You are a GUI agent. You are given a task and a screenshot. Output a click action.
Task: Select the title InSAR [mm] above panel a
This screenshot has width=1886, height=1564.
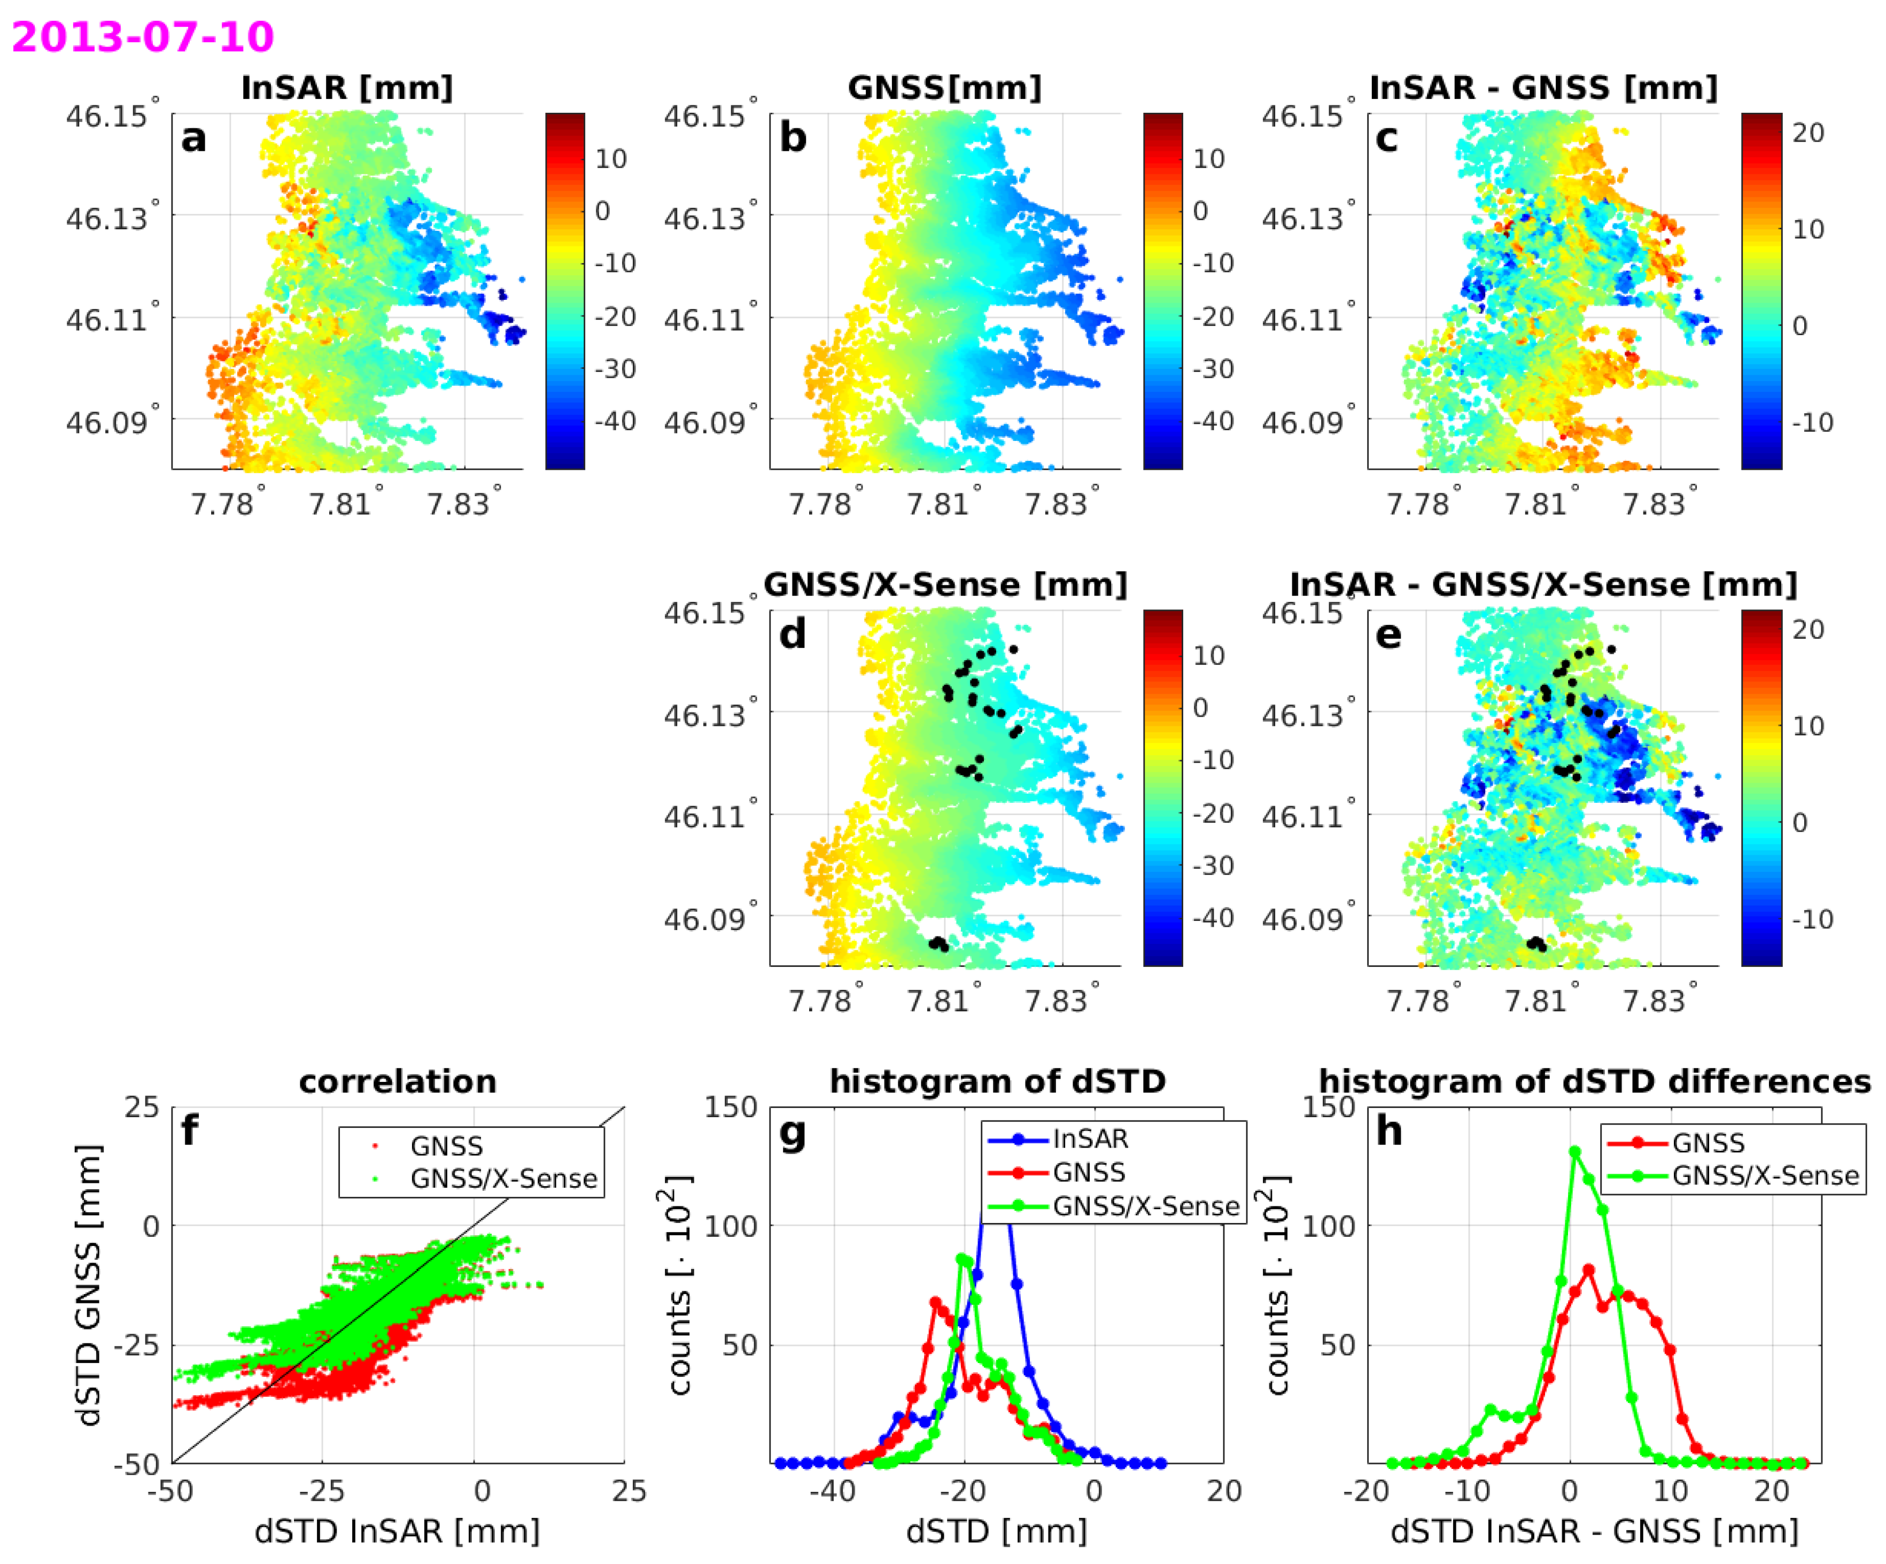click(x=347, y=88)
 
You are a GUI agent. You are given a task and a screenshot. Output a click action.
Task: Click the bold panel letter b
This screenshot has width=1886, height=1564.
click(x=792, y=137)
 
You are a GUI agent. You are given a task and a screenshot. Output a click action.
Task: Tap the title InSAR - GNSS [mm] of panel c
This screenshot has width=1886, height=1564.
click(x=1543, y=88)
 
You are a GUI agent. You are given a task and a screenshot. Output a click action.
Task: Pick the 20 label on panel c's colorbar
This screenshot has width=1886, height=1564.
click(x=1808, y=133)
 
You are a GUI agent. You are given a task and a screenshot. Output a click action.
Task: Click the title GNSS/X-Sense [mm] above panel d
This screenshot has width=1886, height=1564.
click(x=945, y=585)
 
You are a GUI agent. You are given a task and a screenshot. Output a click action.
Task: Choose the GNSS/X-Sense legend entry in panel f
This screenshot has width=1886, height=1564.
click(x=503, y=1179)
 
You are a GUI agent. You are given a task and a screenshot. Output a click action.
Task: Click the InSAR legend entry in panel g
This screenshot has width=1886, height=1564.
click(x=1090, y=1139)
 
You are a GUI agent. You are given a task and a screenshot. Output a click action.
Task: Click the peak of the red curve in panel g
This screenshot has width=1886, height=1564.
click(x=935, y=1302)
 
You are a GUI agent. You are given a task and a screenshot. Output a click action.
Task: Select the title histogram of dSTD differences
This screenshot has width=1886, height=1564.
click(x=1594, y=1081)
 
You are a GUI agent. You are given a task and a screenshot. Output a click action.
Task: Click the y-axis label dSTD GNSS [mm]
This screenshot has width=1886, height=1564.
click(x=89, y=1284)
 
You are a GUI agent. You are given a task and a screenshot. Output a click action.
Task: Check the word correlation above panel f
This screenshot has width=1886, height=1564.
click(x=397, y=1081)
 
